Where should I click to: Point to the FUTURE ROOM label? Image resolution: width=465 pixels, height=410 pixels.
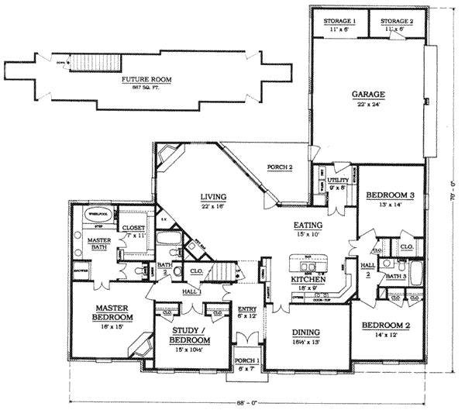click(146, 79)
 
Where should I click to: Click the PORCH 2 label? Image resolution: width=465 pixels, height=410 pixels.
click(280, 167)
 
